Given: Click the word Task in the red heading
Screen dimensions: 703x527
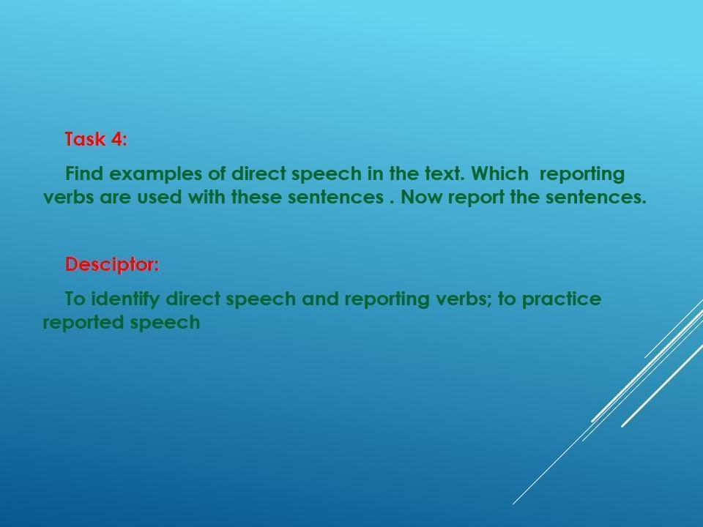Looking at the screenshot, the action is [85, 139].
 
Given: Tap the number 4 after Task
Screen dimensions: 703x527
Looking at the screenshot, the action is [117, 139].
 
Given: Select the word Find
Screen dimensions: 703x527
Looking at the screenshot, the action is [84, 173].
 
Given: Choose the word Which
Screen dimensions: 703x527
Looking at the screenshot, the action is [500, 173].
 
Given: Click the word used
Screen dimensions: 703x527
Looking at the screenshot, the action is [159, 197].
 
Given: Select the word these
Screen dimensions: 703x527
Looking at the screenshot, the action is [256, 197].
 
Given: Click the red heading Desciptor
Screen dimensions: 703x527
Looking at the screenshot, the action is [112, 264].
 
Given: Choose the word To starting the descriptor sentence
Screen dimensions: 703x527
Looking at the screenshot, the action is [75, 299].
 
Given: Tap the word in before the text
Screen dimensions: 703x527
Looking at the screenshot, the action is [375, 173].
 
